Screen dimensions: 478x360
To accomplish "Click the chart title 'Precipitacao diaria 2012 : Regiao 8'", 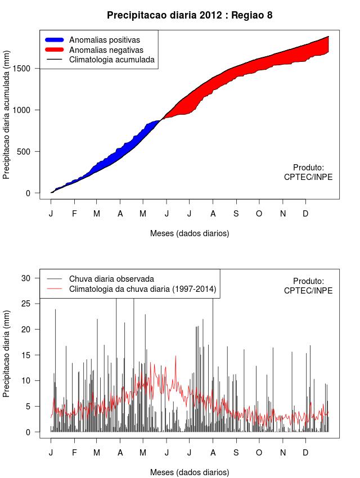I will point(190,15).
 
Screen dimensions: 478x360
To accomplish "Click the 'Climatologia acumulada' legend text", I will point(111,59).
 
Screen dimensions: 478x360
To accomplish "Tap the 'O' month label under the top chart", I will point(259,214).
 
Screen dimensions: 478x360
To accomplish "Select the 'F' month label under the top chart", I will point(74,214).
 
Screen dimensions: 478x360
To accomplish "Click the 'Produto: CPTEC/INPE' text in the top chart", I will point(308,172).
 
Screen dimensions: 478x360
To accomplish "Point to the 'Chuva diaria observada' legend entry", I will point(111,279).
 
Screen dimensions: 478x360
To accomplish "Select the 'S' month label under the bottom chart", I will point(236,453).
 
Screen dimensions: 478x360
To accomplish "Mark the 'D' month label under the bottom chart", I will point(305,453).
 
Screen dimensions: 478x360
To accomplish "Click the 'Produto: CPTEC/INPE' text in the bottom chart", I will point(308,286).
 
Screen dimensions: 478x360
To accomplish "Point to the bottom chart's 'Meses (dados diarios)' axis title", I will point(190,472).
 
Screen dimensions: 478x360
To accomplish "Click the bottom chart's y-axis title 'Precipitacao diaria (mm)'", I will point(7,355).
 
